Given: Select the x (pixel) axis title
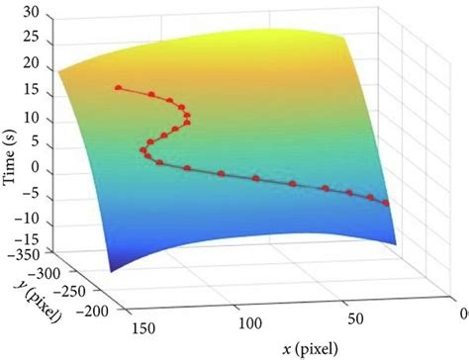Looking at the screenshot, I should (307, 347).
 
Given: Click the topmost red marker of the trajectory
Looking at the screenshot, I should (119, 88).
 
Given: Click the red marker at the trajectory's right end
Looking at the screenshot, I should (386, 203).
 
